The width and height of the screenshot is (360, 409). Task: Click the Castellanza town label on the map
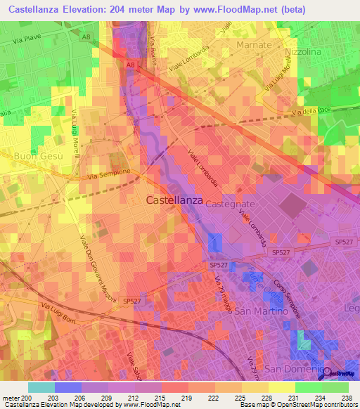point(174,200)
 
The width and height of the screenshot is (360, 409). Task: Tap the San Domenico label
point(292,369)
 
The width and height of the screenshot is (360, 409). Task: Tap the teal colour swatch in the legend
point(41,387)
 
